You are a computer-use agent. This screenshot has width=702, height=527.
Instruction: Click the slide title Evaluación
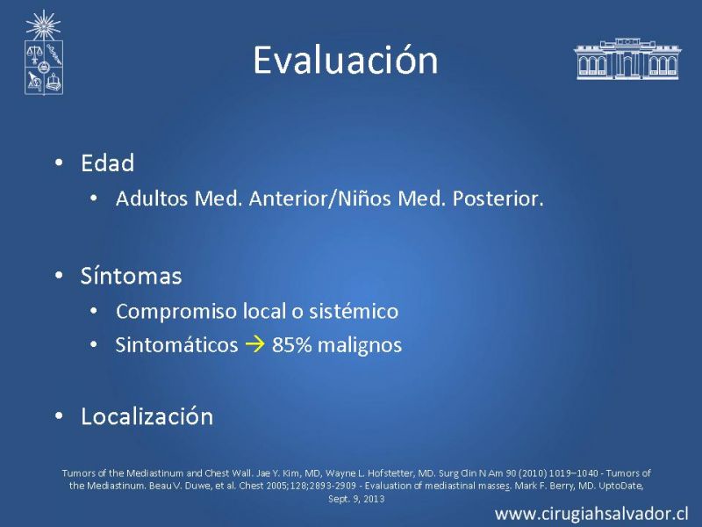tap(345, 60)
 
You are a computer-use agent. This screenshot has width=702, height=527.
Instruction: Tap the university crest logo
tap(43, 53)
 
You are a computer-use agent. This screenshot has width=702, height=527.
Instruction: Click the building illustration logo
tap(627, 59)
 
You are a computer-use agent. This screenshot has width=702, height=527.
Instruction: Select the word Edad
tap(107, 162)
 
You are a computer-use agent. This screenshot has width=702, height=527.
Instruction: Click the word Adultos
tap(151, 199)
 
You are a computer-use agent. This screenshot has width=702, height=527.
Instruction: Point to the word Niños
tap(364, 199)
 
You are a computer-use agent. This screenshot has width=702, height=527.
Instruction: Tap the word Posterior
tap(498, 199)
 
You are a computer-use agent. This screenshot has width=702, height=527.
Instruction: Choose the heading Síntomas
tap(131, 276)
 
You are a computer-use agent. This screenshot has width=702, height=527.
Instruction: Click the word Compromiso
tap(176, 312)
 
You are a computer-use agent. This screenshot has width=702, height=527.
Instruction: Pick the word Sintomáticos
tap(176, 345)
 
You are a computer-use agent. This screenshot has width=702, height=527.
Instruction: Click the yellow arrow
tap(254, 344)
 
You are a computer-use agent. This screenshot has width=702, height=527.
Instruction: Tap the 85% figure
tap(292, 345)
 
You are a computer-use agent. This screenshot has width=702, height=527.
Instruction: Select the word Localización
tap(147, 416)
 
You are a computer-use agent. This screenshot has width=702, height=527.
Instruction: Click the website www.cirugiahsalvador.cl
tap(591, 514)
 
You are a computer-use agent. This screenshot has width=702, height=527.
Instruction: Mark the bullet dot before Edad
tap(59, 162)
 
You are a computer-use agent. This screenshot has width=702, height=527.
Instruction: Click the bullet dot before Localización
tap(59, 416)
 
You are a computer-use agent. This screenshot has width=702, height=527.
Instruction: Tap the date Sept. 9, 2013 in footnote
tap(356, 499)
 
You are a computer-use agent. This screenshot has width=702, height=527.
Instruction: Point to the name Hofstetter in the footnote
tap(391, 473)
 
